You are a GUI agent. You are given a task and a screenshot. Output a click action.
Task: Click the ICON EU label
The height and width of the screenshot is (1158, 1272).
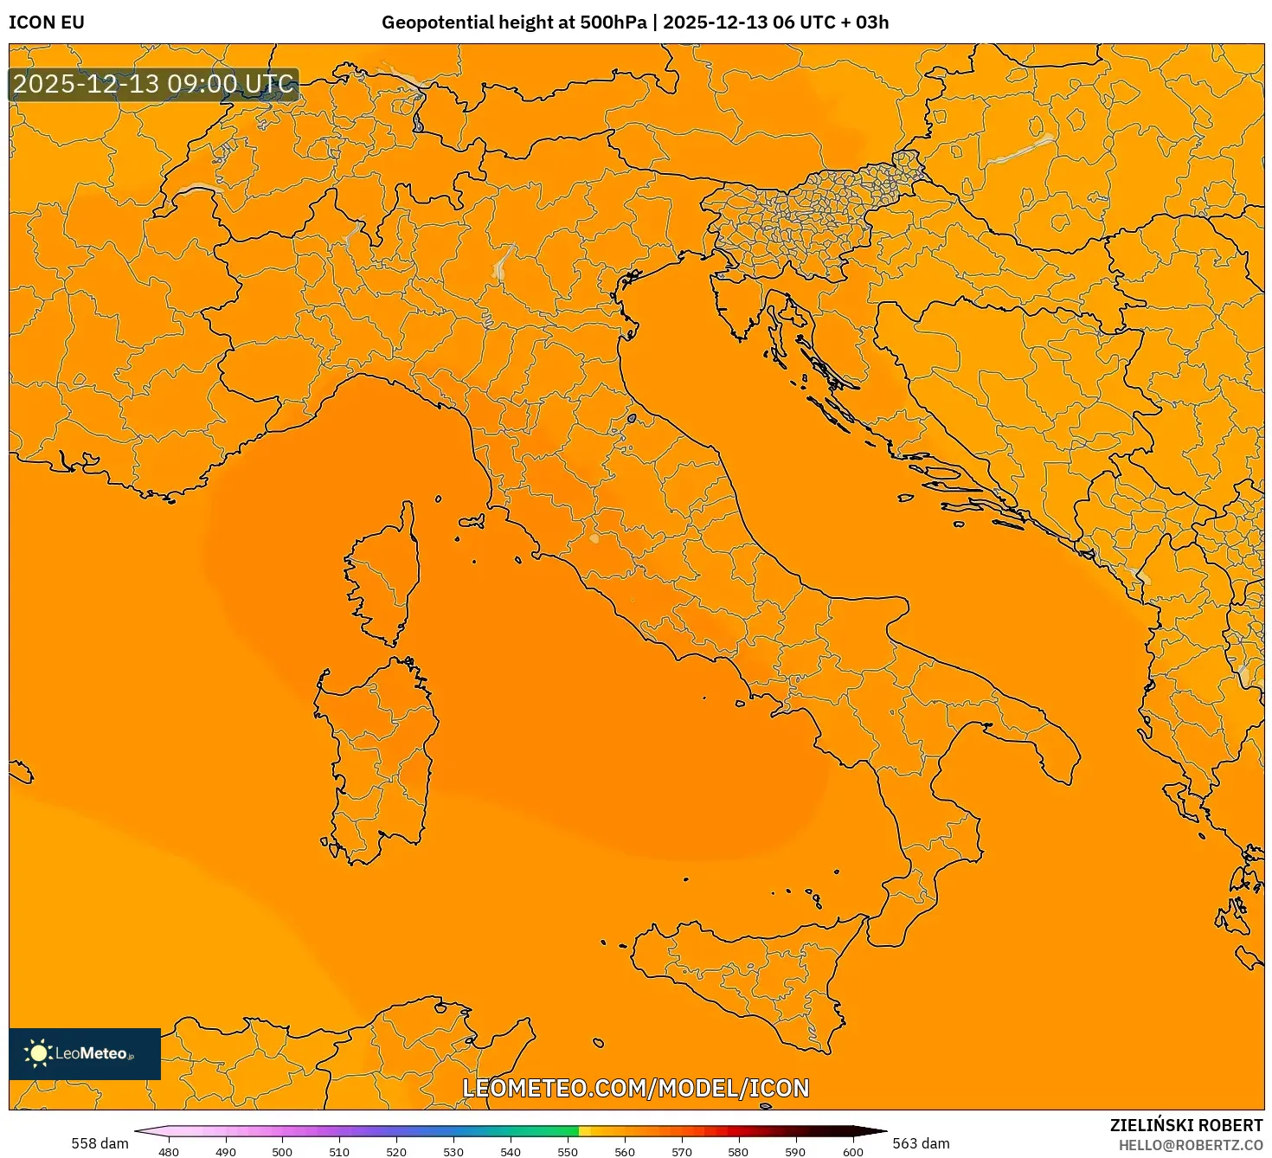pos(47,23)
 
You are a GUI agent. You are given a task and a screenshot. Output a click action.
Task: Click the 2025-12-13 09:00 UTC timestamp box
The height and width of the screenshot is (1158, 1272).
pos(154,85)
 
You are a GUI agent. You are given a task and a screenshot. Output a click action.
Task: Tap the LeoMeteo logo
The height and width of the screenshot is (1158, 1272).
pos(85,1053)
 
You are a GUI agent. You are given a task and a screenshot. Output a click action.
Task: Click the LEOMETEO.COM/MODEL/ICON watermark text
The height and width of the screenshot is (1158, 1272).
pos(636,1089)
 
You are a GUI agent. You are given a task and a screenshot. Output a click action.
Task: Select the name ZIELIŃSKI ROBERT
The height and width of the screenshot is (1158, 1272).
pos(1186,1125)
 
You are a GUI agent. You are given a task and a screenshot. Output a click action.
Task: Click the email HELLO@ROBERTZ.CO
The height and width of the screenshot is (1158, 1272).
pos(1191,1145)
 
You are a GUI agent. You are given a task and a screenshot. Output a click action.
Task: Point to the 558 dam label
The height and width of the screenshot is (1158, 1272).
pos(100,1143)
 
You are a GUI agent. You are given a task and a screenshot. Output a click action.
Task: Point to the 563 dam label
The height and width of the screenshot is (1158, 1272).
pos(921,1143)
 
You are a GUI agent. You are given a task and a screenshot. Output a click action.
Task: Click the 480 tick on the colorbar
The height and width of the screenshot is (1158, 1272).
pos(169,1152)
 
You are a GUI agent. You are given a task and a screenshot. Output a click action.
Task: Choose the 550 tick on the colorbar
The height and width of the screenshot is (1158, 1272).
pos(568,1152)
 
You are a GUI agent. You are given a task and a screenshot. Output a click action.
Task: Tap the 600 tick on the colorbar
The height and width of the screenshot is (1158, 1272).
pos(853,1152)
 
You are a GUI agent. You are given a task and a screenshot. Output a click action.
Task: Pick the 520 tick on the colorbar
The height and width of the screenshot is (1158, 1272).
pos(396,1152)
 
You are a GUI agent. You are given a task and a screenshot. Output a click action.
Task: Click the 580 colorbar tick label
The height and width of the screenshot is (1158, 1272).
pos(738,1152)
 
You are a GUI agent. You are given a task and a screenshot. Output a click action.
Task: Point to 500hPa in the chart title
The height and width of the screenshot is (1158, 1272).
pos(613,23)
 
